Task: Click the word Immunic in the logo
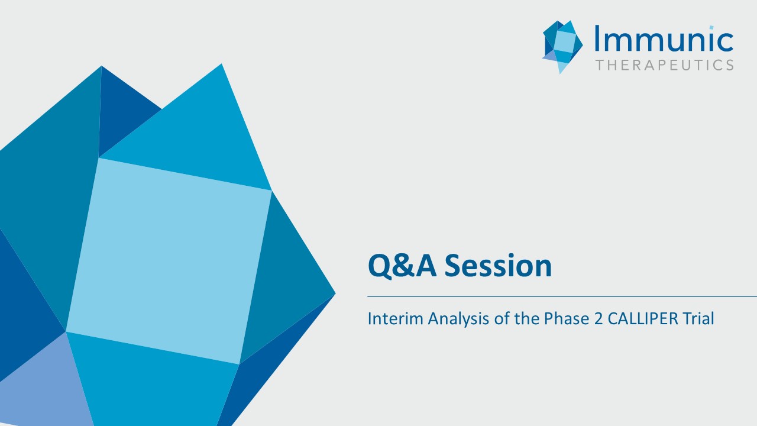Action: tap(664, 38)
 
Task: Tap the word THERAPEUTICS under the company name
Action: tap(664, 65)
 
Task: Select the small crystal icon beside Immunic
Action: tap(562, 47)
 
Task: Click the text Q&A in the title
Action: tap(402, 266)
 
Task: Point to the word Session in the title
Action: tap(498, 266)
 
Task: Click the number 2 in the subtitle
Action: tap(598, 319)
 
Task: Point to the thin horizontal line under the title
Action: tap(562, 296)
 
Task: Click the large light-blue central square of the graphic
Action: tap(169, 261)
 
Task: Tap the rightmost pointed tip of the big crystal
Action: tap(335, 294)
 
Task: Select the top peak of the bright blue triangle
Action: tap(221, 64)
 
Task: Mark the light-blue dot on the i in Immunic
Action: tap(711, 27)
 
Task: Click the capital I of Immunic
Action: tap(597, 38)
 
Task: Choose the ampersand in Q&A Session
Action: tap(403, 266)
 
